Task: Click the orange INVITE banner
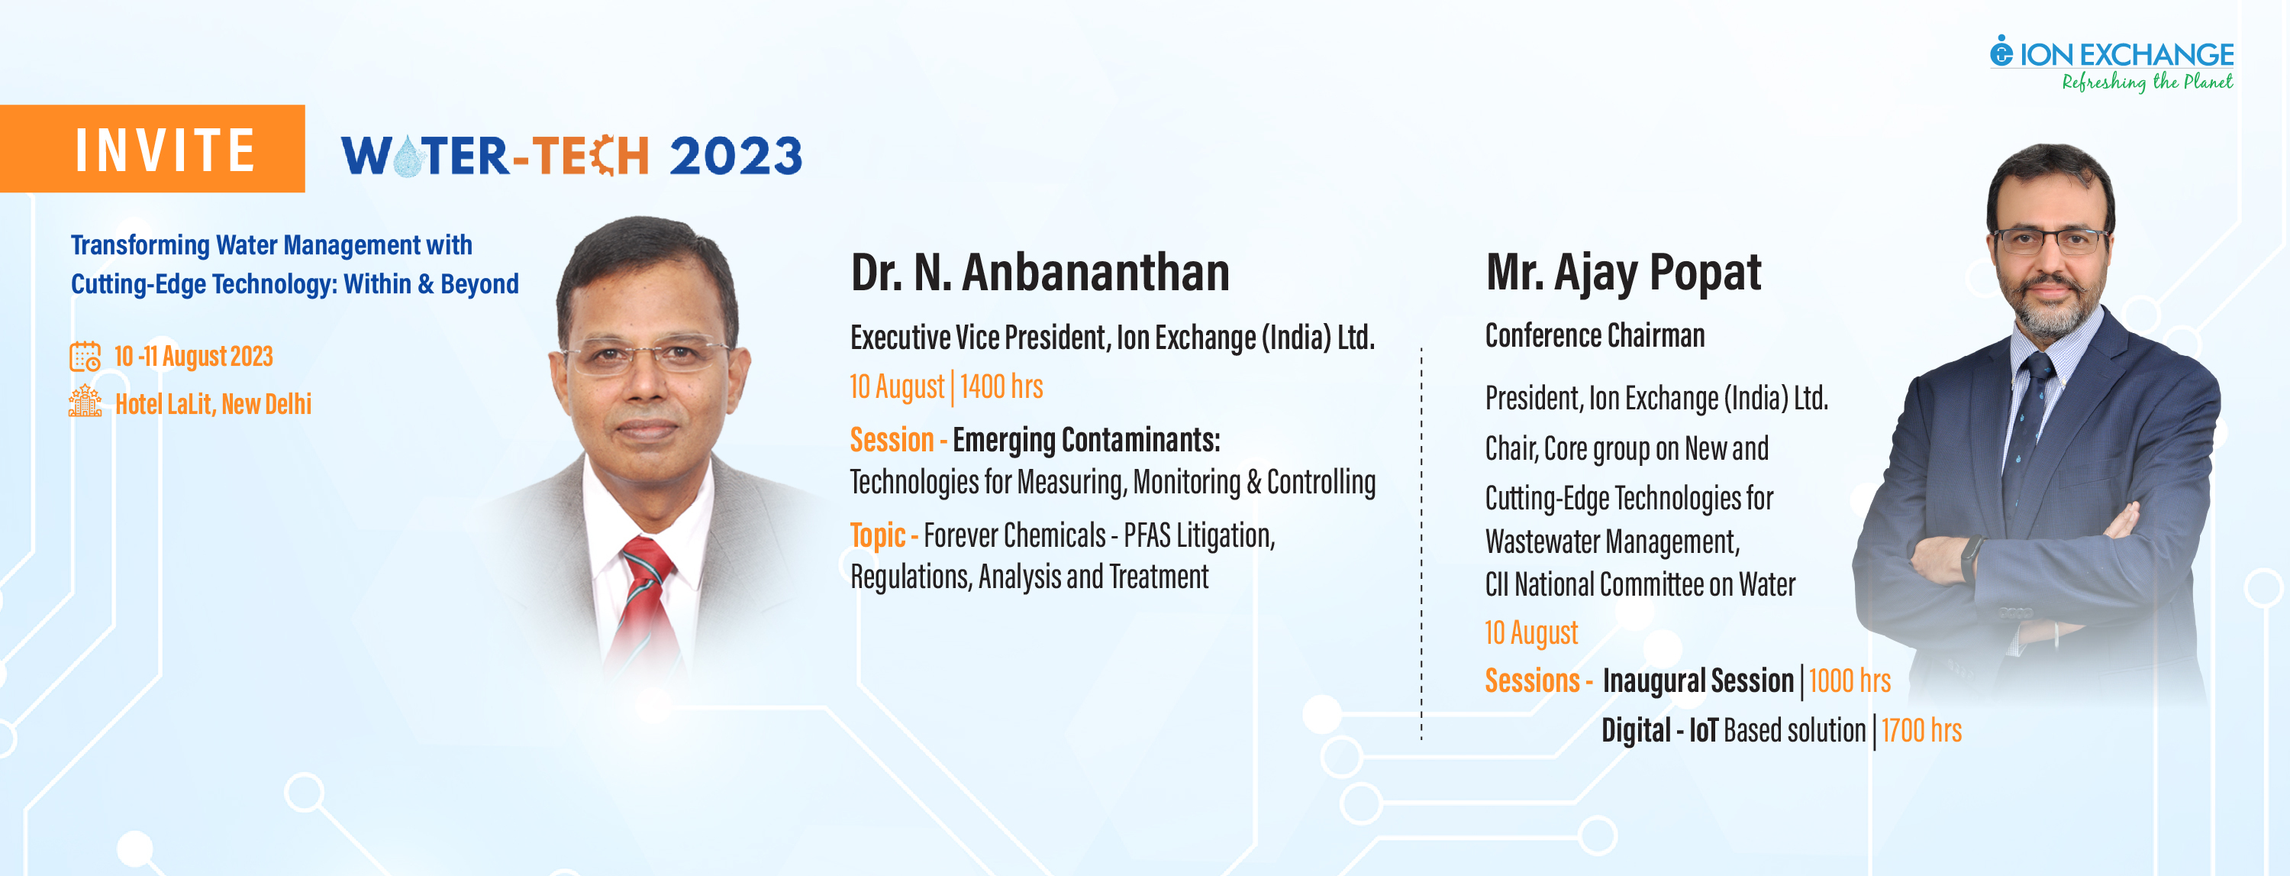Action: (x=152, y=148)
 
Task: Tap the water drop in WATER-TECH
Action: (x=408, y=157)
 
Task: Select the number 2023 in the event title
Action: (x=736, y=156)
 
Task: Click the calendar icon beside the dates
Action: (x=85, y=357)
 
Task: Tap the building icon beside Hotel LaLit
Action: (x=85, y=401)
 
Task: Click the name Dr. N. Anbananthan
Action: (x=1040, y=273)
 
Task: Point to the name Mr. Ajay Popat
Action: (x=1624, y=273)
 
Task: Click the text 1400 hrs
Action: (x=1001, y=387)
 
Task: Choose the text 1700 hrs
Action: (x=1921, y=731)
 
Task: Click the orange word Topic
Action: (x=877, y=535)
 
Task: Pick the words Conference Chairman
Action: (x=1595, y=336)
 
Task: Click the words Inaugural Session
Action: (x=1698, y=681)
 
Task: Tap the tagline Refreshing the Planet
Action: (x=2146, y=82)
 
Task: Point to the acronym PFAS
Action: (x=1147, y=535)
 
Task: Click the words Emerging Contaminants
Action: (x=1086, y=440)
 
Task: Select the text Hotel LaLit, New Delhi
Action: (x=214, y=405)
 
